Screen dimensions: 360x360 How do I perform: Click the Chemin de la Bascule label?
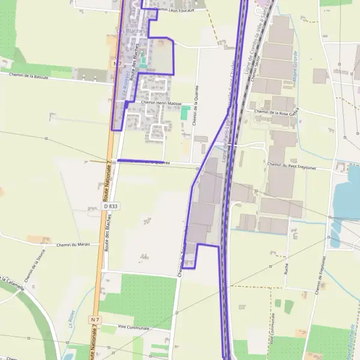(x=29, y=76)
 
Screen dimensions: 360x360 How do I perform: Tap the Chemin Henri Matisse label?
(x=161, y=103)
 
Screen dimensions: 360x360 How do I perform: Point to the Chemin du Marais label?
(x=72, y=245)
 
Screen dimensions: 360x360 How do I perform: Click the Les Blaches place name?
(x=128, y=30)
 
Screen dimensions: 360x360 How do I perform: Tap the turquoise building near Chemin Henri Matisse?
(x=185, y=112)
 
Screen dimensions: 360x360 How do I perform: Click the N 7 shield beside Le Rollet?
(x=95, y=319)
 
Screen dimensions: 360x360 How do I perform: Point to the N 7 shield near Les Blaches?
(x=117, y=63)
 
